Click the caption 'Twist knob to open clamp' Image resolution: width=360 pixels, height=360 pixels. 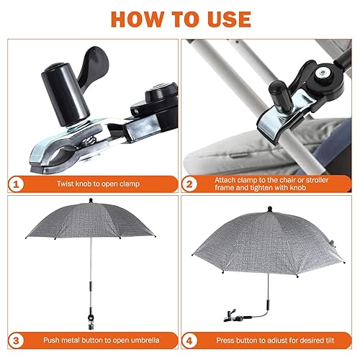click(100, 184)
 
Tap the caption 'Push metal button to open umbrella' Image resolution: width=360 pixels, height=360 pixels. click(100, 340)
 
